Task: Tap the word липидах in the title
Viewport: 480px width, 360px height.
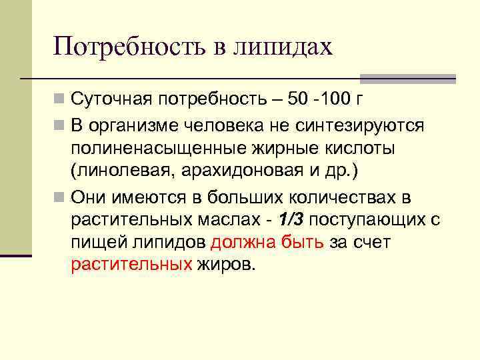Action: point(287,47)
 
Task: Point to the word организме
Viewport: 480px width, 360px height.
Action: point(133,125)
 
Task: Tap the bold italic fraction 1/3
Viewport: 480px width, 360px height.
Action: point(291,220)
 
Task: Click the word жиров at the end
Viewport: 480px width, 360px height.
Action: point(226,265)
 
